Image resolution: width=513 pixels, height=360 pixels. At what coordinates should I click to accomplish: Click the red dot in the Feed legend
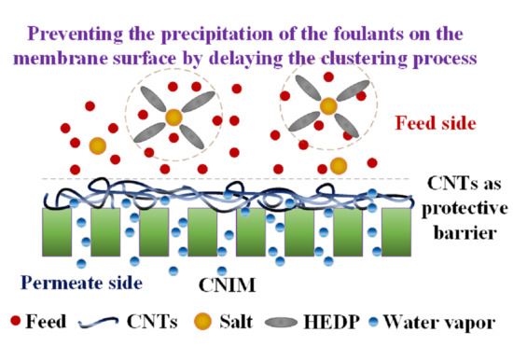tap(16, 323)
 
